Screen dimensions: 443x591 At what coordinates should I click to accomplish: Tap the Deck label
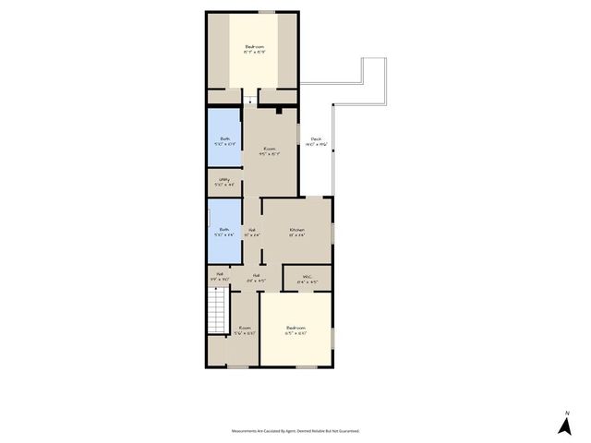point(316,139)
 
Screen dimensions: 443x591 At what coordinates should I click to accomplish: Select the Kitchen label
point(297,229)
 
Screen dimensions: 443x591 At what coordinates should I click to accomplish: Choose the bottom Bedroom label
point(296,328)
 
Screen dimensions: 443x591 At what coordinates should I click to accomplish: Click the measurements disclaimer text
point(295,430)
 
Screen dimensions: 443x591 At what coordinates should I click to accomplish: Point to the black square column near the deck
point(278,109)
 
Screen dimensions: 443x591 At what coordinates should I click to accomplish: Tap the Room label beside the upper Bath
point(270,149)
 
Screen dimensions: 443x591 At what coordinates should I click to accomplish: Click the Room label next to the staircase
point(245,328)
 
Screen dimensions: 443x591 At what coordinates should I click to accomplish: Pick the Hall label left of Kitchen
point(251,229)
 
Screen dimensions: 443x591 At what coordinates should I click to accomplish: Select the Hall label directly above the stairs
point(220,274)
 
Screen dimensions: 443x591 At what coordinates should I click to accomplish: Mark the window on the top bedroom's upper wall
point(267,11)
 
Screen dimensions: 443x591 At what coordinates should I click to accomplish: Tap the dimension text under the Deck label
point(316,146)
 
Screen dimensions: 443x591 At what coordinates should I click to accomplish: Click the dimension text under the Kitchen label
point(297,235)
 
